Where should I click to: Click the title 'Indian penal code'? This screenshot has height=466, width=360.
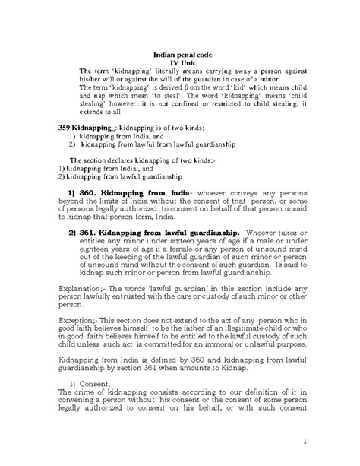point(181,55)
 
